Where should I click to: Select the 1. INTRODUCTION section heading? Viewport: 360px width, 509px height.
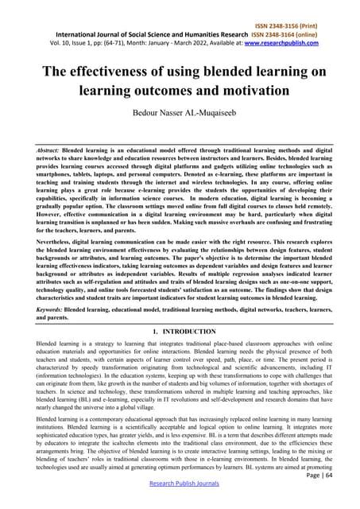[180, 331]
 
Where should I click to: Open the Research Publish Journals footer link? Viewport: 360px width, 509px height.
[180, 499]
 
